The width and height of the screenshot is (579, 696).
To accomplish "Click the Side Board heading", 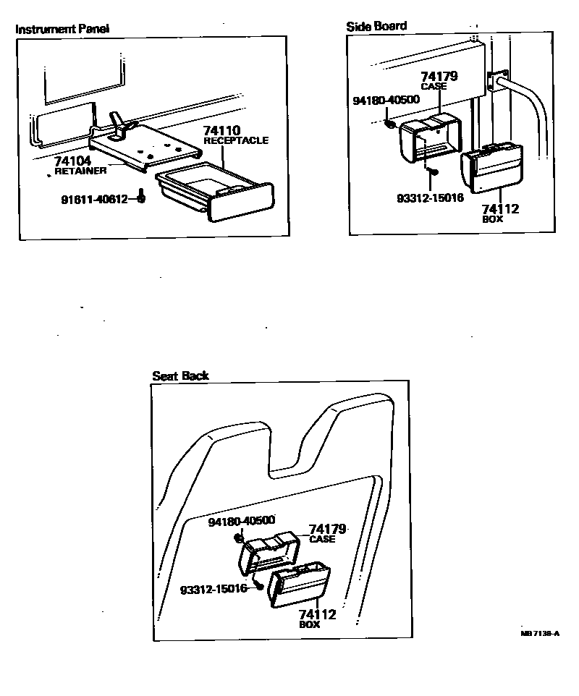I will tap(376, 26).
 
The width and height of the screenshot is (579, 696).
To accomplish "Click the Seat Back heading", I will tap(180, 375).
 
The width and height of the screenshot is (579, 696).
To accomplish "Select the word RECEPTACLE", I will tap(236, 140).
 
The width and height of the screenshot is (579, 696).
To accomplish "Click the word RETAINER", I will tap(81, 171).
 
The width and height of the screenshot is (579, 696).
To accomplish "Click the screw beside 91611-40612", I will tap(142, 196).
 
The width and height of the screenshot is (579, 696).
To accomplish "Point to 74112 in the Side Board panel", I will tap(500, 209).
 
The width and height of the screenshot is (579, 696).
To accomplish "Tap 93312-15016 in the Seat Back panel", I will tap(214, 589).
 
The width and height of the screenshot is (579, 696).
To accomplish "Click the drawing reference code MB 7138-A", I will tap(540, 633).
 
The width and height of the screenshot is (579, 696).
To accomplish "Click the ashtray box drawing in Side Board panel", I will tap(492, 167).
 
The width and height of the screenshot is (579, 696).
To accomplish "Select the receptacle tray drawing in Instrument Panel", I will tap(214, 190).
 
